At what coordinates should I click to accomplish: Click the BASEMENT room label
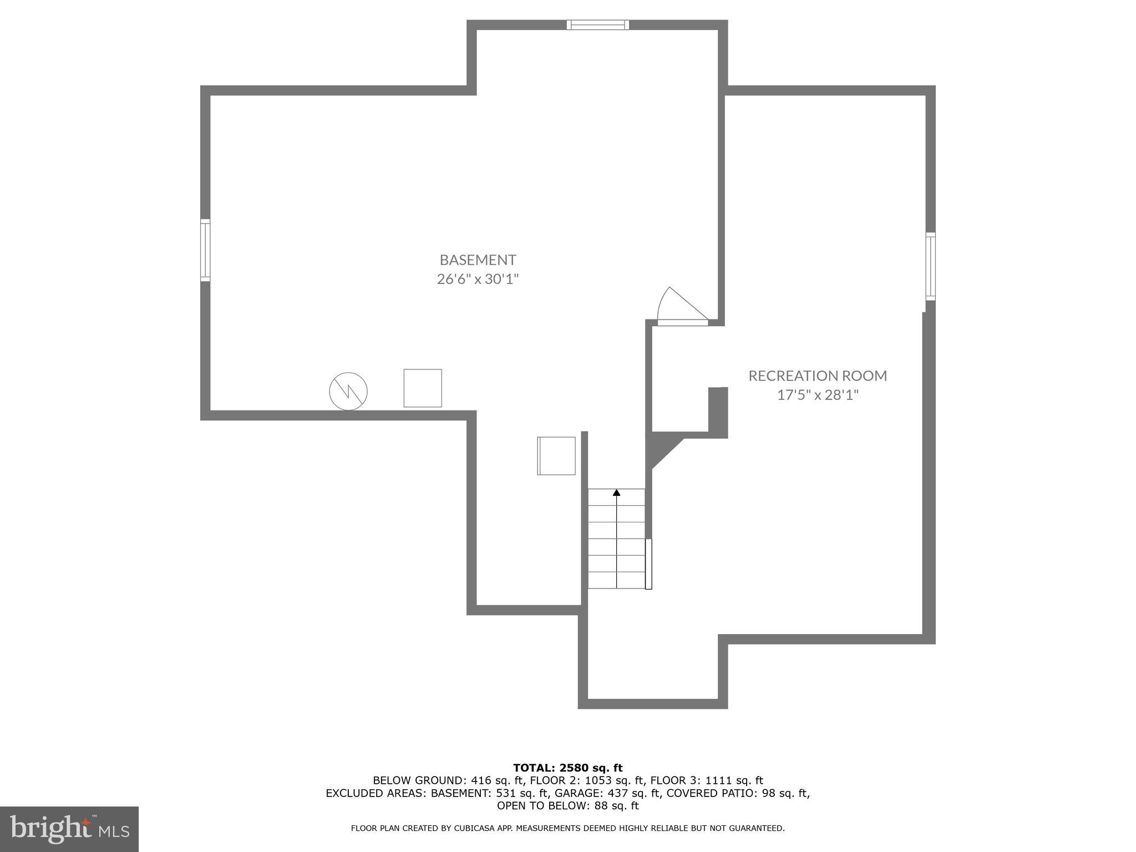[478, 260]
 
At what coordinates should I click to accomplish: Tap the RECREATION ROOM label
[818, 376]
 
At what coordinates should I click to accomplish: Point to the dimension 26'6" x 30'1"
[478, 279]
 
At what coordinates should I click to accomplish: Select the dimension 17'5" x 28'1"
[818, 395]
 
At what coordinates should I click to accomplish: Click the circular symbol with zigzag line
[348, 391]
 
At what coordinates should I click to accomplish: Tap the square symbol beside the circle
[423, 388]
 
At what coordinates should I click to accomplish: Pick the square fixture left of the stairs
[556, 456]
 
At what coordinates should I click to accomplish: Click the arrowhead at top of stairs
[616, 492]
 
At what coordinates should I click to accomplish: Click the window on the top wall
[597, 25]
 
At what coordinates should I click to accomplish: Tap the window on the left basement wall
[205, 250]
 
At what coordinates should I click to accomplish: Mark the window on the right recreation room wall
[930, 267]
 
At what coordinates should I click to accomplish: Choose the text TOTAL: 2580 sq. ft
[567, 768]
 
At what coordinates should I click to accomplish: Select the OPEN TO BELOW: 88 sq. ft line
[567, 806]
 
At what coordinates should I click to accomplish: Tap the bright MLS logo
[69, 829]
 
